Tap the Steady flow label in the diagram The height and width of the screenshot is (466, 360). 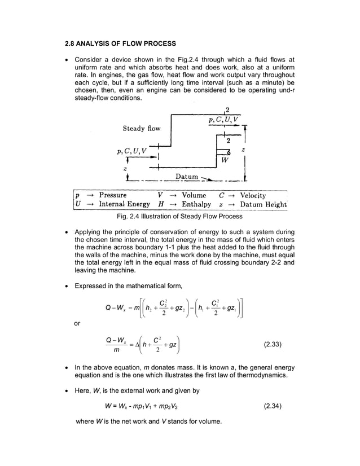tap(142, 129)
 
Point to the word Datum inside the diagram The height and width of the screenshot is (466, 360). tap(187, 177)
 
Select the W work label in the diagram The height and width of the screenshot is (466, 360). tap(225, 160)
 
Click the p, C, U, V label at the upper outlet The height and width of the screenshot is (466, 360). tap(225, 120)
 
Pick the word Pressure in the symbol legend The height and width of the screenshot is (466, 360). tap(113, 195)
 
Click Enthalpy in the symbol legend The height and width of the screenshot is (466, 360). tap(196, 204)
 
